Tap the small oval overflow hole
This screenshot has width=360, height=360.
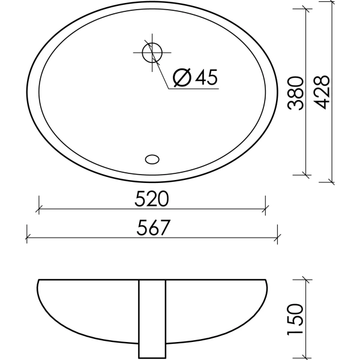(x=152, y=159)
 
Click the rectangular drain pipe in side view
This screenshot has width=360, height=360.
(x=152, y=319)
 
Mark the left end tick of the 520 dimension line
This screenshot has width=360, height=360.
(x=39, y=209)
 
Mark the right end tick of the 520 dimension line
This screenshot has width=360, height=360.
(x=265, y=209)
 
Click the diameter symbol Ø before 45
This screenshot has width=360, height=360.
(x=181, y=77)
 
